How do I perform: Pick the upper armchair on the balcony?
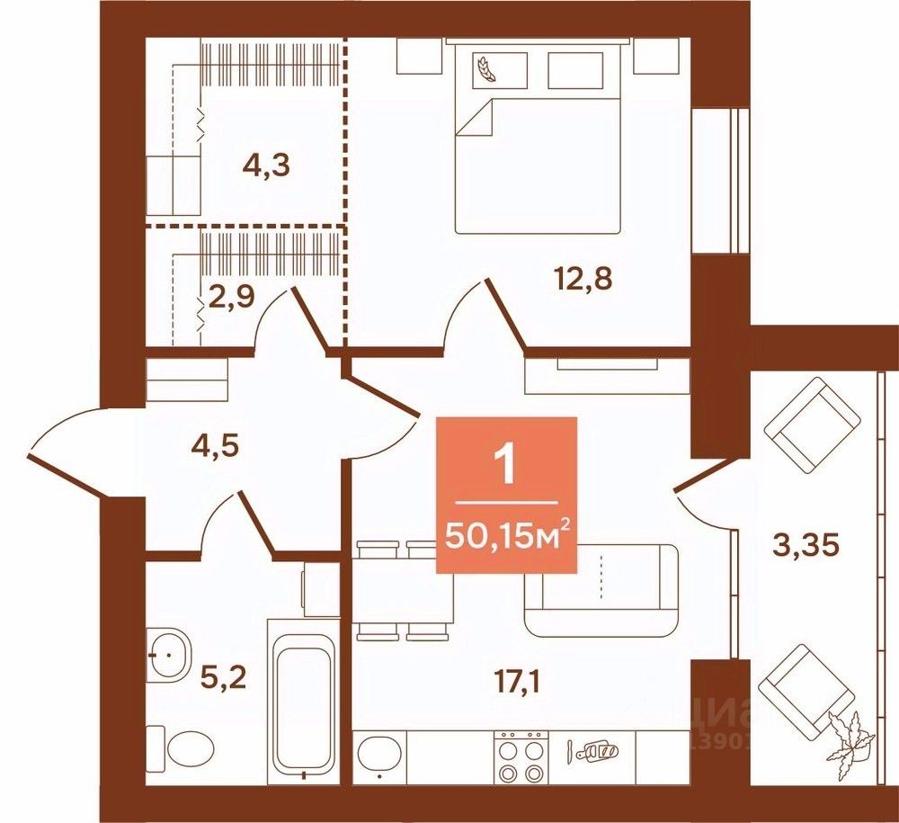point(812,423)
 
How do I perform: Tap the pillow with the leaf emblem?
point(495,67)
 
